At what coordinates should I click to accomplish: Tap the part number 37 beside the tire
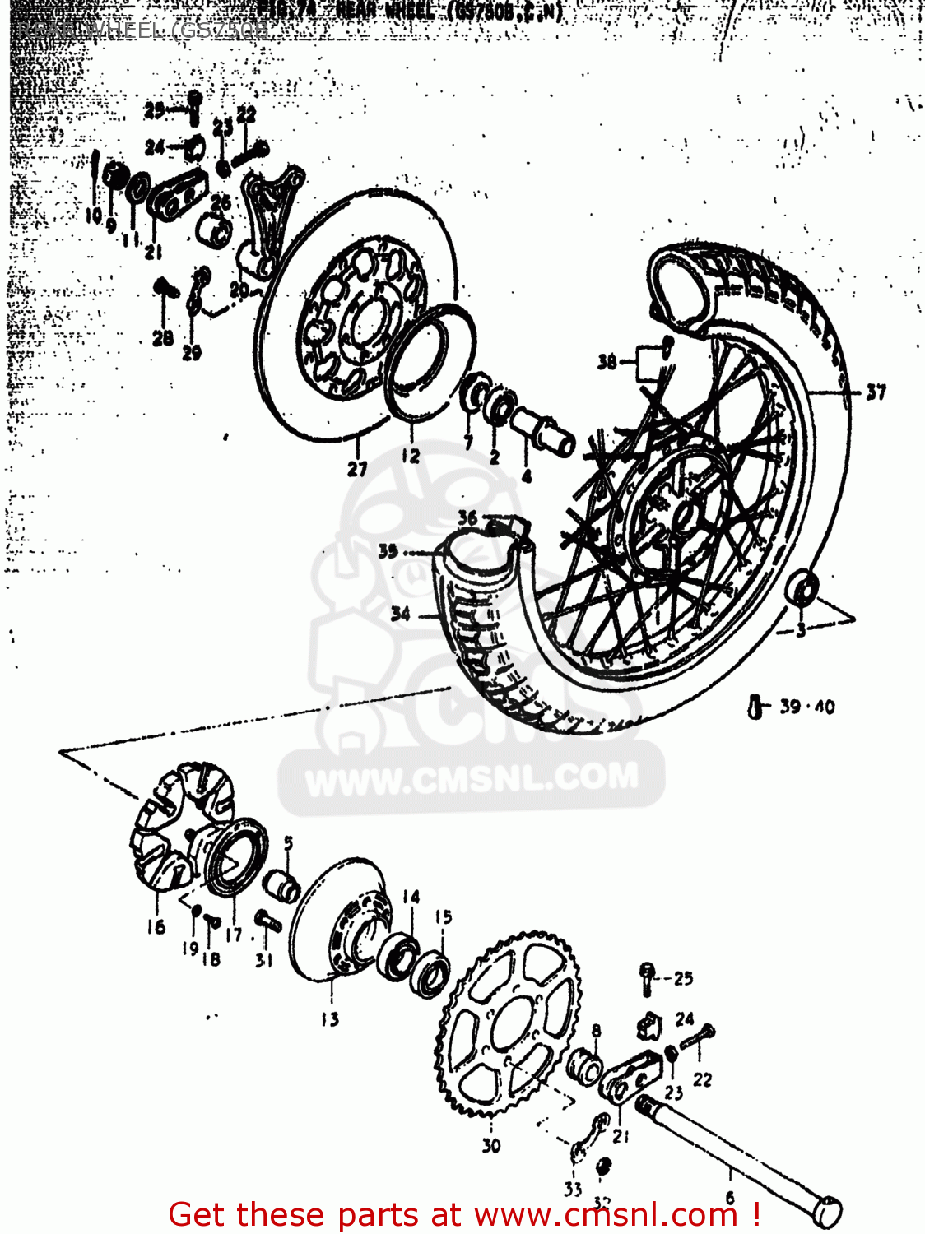(x=876, y=392)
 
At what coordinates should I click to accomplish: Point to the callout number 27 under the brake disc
(x=356, y=469)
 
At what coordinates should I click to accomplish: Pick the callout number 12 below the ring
(x=411, y=455)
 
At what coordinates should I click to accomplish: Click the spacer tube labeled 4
(x=543, y=431)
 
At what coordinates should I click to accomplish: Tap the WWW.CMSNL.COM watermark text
(x=472, y=778)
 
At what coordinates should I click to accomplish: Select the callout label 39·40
(x=806, y=707)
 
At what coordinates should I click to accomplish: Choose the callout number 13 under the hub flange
(x=329, y=1020)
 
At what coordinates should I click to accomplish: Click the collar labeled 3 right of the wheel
(x=803, y=589)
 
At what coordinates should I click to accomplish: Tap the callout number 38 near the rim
(x=607, y=362)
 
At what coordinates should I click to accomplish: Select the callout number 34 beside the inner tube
(x=400, y=614)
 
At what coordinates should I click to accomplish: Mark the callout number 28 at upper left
(x=163, y=337)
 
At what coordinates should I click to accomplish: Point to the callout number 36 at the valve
(x=467, y=517)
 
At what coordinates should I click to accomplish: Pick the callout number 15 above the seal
(x=443, y=916)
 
